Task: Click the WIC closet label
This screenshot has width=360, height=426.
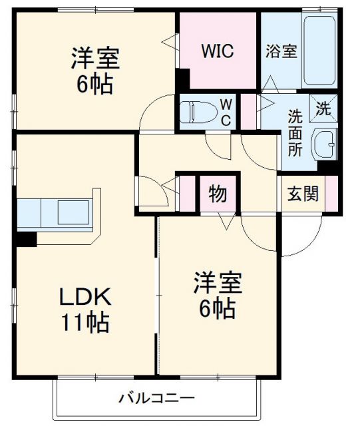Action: click(218, 52)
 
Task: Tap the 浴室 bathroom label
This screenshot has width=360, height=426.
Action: click(281, 52)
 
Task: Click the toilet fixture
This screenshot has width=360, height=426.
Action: click(197, 111)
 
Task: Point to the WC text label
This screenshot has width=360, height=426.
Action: click(226, 111)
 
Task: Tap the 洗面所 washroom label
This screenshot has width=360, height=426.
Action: click(294, 132)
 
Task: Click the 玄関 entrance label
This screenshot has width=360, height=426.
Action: click(303, 194)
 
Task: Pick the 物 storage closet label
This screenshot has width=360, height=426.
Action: click(218, 194)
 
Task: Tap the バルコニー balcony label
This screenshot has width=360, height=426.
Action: click(156, 399)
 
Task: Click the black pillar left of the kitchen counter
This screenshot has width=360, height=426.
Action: click(27, 239)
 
